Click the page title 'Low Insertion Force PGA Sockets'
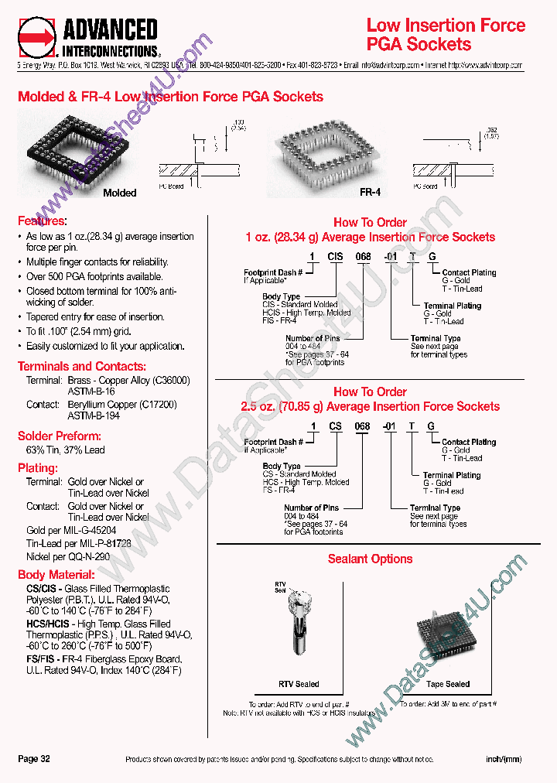pyautogui.click(x=445, y=35)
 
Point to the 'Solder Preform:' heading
pyautogui.click(x=60, y=436)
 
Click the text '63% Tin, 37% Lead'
pyautogui.click(x=66, y=450)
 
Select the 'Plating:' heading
pyautogui.click(x=38, y=468)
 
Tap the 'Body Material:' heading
pyautogui.click(x=56, y=575)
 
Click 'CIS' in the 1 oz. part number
pyautogui.click(x=335, y=257)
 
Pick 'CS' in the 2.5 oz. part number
pyautogui.click(x=334, y=426)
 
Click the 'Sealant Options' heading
pyautogui.click(x=370, y=559)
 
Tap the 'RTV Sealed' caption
pyautogui.click(x=299, y=684)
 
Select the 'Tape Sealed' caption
pyautogui.click(x=447, y=684)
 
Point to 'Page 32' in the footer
pyautogui.click(x=34, y=759)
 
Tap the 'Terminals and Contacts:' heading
pyautogui.click(x=81, y=366)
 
